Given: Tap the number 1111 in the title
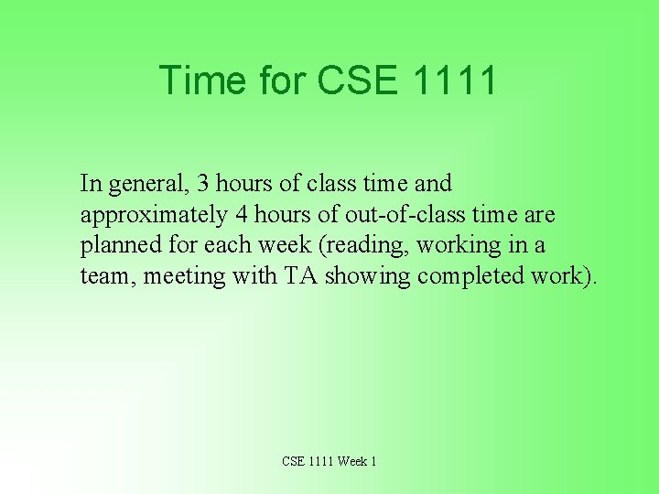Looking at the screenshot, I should click(455, 81).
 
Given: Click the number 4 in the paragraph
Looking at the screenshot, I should click(241, 214).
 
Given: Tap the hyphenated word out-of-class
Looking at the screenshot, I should click(391, 214).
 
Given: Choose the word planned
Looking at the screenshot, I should click(117, 246).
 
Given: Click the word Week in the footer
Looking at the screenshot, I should click(351, 461).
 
